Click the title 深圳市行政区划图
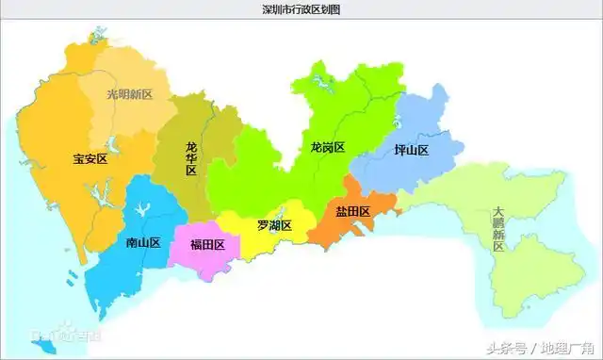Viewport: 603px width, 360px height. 301,9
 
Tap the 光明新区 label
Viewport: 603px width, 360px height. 129,95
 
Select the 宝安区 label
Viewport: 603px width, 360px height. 90,159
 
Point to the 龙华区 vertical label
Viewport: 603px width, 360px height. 191,158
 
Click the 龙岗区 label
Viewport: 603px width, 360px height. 327,148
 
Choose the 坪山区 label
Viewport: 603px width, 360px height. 411,150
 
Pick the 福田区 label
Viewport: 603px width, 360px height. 206,245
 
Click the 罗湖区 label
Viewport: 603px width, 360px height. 273,226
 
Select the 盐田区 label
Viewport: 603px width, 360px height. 352,211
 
